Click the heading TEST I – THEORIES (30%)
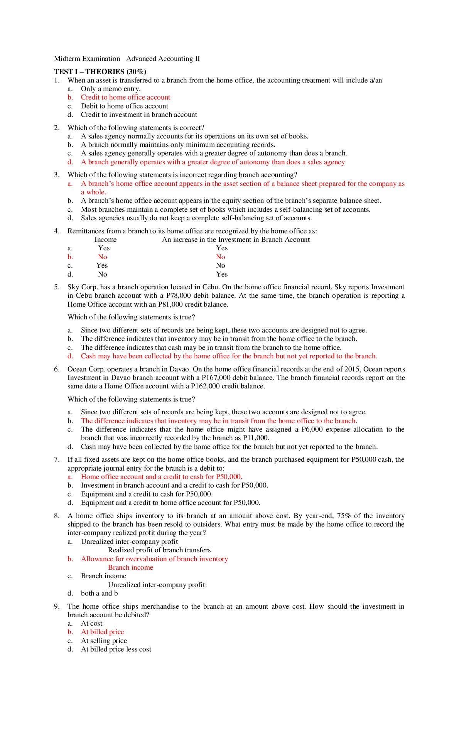(x=100, y=72)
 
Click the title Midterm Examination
(x=87, y=59)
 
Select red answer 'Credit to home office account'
(x=125, y=97)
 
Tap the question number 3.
(x=57, y=175)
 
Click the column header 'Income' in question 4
(x=105, y=240)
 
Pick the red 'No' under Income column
(x=102, y=257)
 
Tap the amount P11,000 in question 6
(x=256, y=438)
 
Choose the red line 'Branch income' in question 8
(x=130, y=567)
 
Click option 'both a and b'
(x=99, y=593)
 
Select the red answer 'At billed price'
(x=102, y=632)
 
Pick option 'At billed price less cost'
(x=116, y=649)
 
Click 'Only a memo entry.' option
(x=110, y=89)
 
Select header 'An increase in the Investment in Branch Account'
(x=236, y=240)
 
